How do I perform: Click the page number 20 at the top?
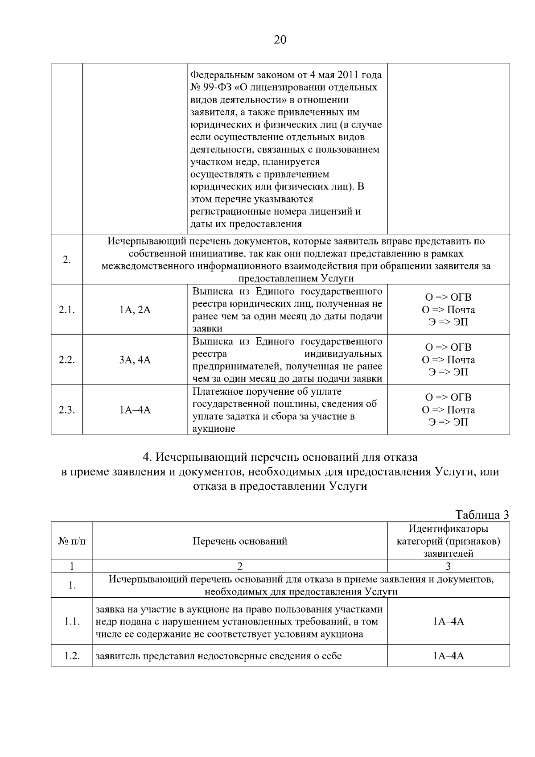(280, 40)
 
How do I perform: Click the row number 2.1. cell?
(67, 310)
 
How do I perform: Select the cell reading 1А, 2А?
(135, 310)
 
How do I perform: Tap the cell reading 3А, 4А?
(135, 360)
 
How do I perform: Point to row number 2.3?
(67, 410)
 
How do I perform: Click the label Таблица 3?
(482, 515)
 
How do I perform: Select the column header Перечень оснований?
(240, 541)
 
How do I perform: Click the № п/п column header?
(72, 541)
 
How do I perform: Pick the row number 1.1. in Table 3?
(72, 621)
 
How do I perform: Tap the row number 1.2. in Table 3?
(72, 656)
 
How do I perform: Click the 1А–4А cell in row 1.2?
(449, 656)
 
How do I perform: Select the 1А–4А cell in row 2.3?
(135, 410)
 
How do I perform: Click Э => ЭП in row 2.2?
(449, 372)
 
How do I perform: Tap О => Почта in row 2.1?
(449, 310)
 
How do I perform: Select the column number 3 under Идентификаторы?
(449, 566)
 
